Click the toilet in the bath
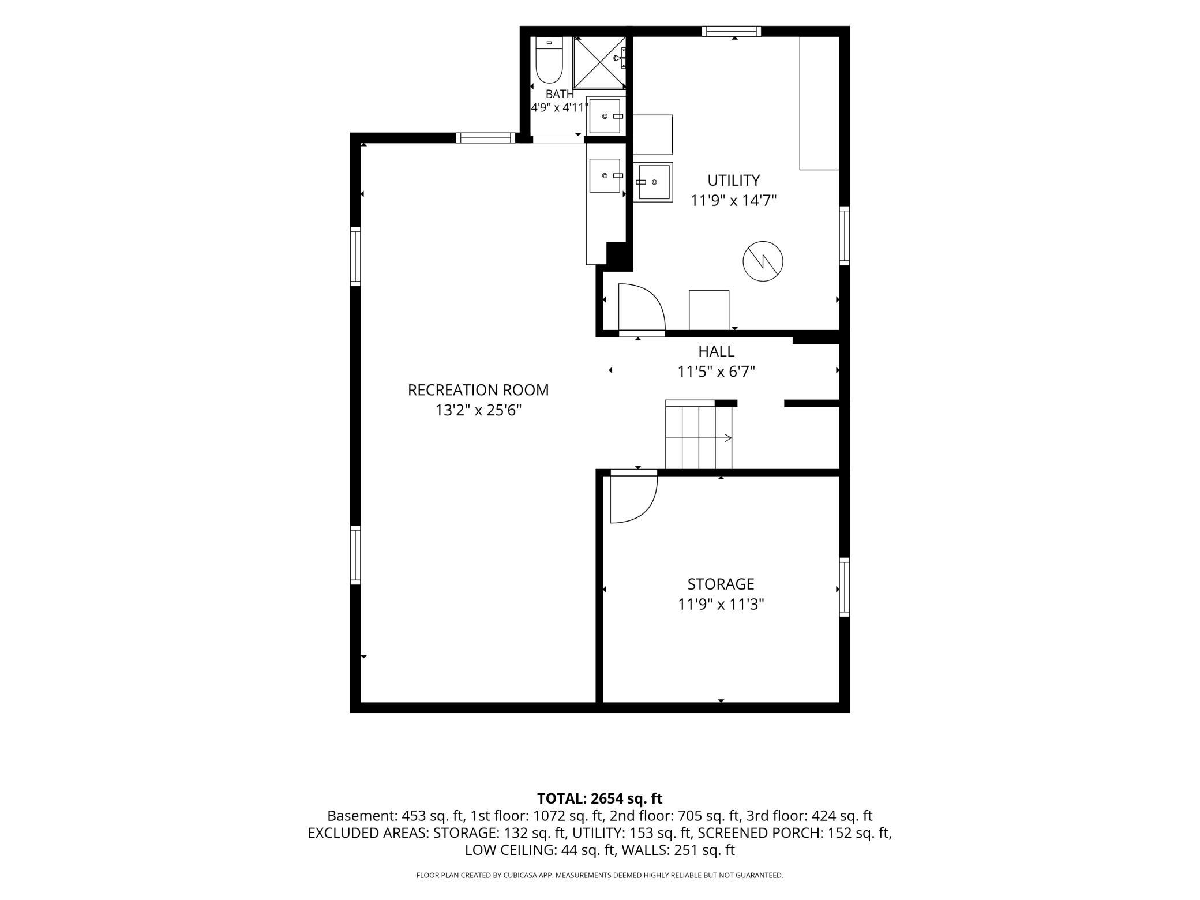(x=549, y=60)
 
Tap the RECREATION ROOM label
(x=478, y=390)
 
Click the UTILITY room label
(x=734, y=181)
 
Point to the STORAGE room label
(x=721, y=584)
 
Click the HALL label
(x=717, y=351)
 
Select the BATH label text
(x=560, y=94)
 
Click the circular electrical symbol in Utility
(x=763, y=261)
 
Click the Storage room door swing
(x=633, y=497)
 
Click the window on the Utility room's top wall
(x=732, y=31)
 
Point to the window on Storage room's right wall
(x=845, y=587)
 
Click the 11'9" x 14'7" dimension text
(x=734, y=201)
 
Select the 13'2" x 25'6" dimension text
(x=478, y=411)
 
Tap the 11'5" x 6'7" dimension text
(x=717, y=372)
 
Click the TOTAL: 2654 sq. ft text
(x=600, y=798)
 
